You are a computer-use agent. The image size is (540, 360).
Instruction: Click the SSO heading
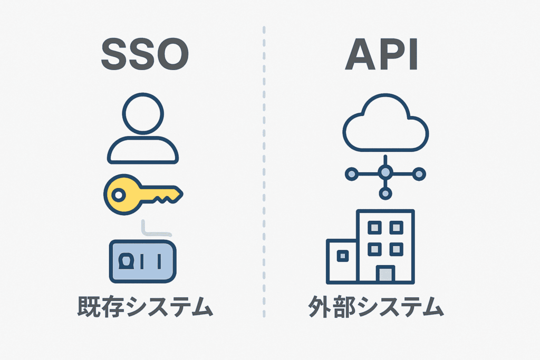point(144,54)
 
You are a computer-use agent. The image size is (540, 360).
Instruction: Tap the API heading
point(382,54)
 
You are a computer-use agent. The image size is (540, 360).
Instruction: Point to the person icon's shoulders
point(143,150)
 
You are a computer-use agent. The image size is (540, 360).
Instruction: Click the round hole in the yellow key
point(119,196)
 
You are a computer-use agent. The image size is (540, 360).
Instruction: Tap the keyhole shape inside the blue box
point(127,260)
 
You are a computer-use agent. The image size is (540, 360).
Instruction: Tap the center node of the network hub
point(385,172)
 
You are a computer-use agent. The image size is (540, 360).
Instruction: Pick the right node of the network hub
point(419,172)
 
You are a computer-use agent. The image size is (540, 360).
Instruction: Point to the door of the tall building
point(385,274)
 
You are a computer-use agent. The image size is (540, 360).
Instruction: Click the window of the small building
point(342,256)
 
